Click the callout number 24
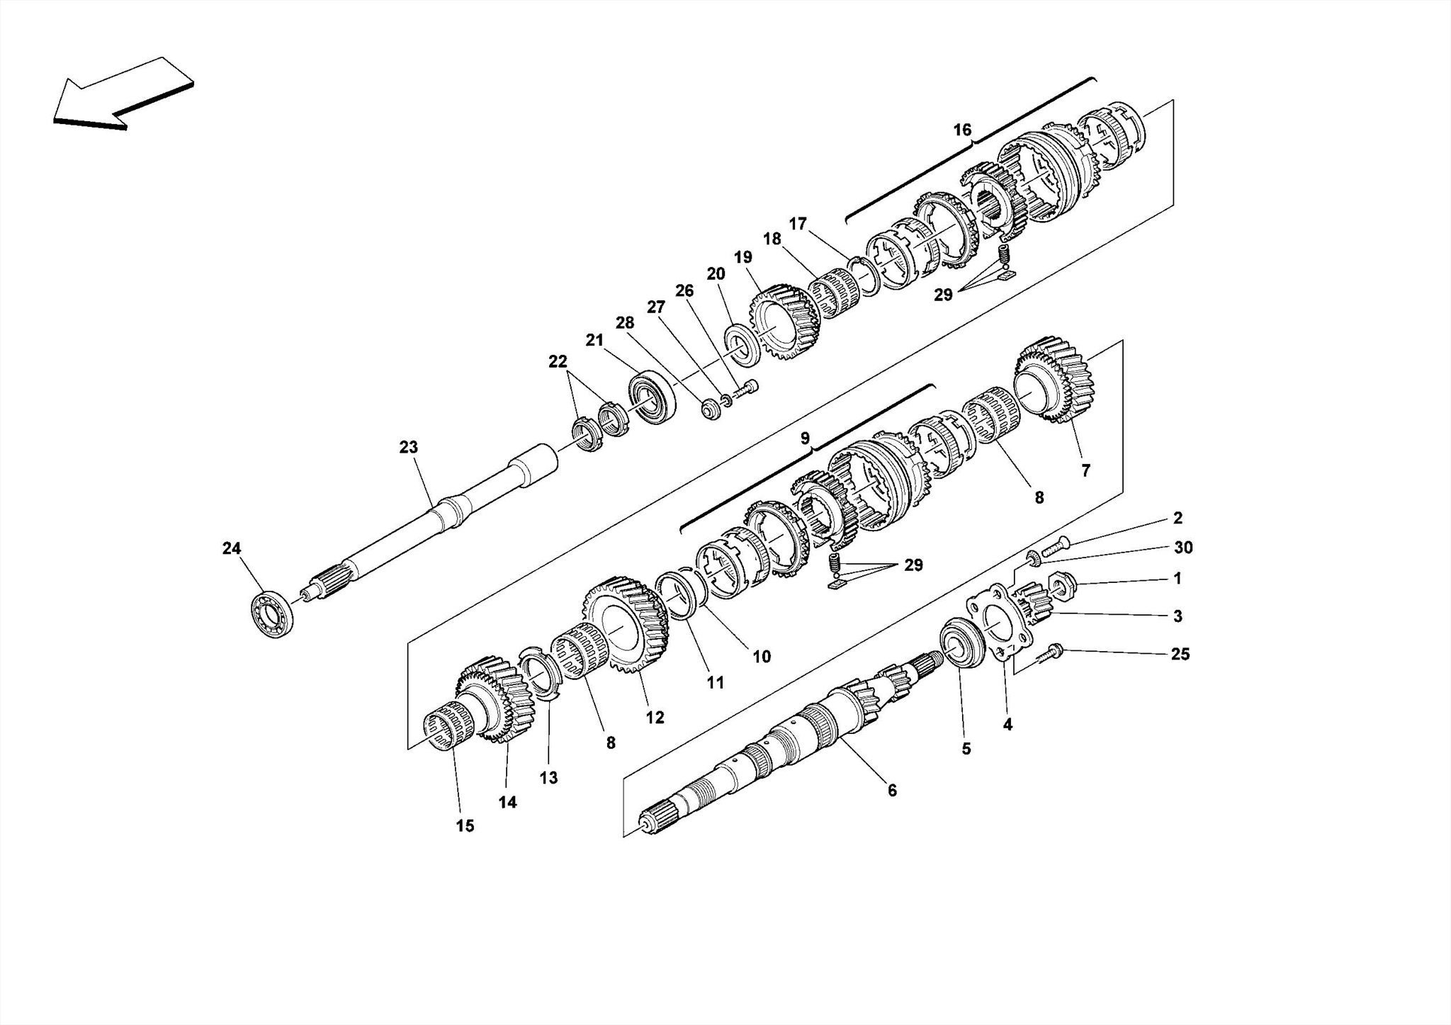(232, 548)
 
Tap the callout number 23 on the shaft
(409, 447)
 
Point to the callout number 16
(962, 130)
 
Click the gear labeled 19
(783, 322)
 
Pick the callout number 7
(1085, 470)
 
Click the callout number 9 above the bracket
(805, 438)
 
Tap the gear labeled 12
(626, 624)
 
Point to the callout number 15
(465, 826)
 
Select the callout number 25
(1180, 655)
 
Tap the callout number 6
(892, 791)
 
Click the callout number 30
(1183, 548)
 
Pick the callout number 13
(548, 778)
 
